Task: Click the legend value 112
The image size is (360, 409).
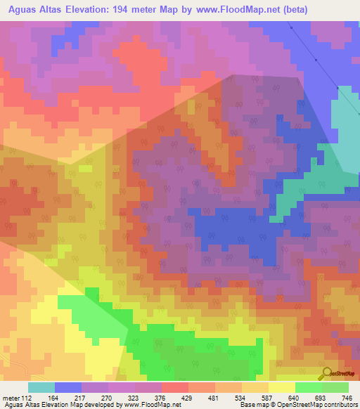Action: pyautogui.click(x=27, y=397)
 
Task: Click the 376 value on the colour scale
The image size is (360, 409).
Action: pyautogui.click(x=161, y=397)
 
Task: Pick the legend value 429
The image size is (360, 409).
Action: pyautogui.click(x=188, y=397)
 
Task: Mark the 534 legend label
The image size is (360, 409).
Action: pyautogui.click(x=241, y=397)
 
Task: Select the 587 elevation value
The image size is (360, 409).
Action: pyautogui.click(x=268, y=397)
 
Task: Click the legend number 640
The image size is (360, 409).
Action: pyautogui.click(x=295, y=397)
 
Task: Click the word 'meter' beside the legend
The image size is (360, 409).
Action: pyautogui.click(x=11, y=397)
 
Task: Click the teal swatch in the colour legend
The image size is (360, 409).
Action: pyautogui.click(x=41, y=387)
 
